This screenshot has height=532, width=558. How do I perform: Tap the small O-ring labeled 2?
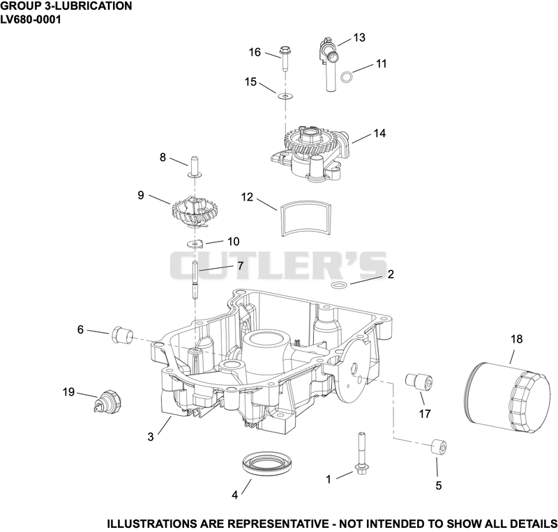point(339,285)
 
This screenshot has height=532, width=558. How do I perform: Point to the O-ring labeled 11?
point(347,77)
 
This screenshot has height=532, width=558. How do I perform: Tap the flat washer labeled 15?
point(285,96)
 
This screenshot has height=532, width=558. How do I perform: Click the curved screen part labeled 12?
point(306,219)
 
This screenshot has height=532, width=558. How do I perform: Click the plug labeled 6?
point(123,335)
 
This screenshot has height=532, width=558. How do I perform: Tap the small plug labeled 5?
point(439,447)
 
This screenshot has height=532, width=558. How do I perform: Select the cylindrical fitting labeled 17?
point(419,382)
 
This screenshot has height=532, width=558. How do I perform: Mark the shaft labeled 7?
point(195,280)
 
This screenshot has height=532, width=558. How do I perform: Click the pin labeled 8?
point(195,166)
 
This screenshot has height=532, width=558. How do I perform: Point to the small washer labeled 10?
point(195,244)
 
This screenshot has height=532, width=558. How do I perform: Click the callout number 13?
point(359,38)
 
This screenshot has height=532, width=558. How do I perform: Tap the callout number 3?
point(151,437)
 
